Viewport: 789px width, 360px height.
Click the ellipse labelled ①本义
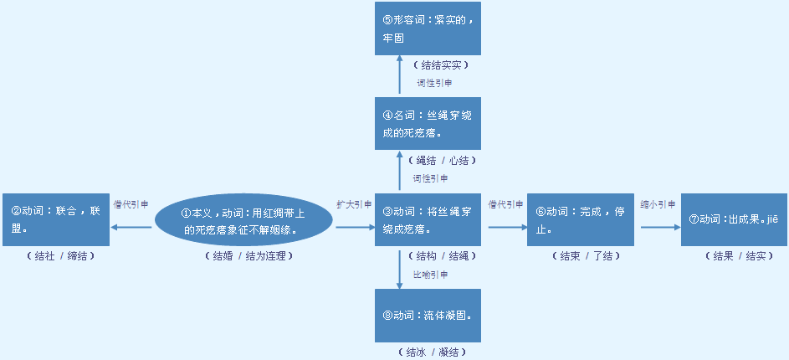click(x=243, y=221)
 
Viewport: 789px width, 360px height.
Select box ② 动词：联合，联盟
click(x=56, y=219)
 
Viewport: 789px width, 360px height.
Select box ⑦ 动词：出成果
click(x=734, y=219)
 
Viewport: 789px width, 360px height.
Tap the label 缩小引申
click(x=658, y=204)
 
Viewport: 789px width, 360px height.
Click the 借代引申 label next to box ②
click(x=131, y=204)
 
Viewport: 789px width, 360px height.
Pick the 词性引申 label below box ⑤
click(x=435, y=83)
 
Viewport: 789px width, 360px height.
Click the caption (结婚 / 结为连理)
click(x=249, y=256)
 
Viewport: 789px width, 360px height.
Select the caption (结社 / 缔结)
click(x=56, y=256)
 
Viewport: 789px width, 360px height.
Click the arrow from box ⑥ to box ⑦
click(x=658, y=226)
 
